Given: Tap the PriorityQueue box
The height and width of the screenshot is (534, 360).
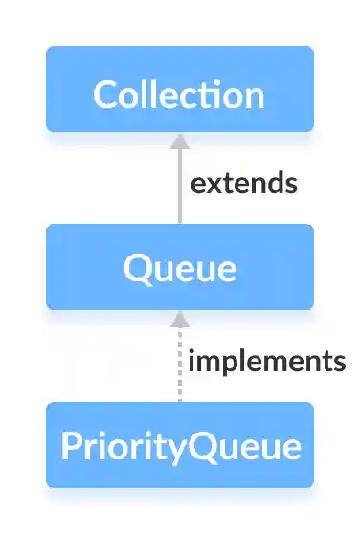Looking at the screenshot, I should (180, 445).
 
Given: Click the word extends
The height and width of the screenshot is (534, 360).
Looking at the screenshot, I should (244, 183).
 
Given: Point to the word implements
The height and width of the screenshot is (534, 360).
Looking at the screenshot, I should (266, 362).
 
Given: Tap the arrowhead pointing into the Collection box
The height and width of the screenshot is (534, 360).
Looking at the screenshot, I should (178, 142).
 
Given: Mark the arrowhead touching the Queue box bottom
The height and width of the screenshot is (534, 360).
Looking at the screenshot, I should (178, 319).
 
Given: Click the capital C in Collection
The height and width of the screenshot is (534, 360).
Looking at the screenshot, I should (103, 95).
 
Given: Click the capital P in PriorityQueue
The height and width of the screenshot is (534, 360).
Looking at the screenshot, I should (68, 446).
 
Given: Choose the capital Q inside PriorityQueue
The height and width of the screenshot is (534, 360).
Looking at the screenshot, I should (198, 446).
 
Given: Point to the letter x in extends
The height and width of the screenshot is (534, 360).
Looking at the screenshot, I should (212, 184).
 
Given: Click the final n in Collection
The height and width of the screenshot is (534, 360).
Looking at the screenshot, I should (252, 96).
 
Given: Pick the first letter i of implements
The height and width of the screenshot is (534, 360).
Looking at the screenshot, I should (191, 361).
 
